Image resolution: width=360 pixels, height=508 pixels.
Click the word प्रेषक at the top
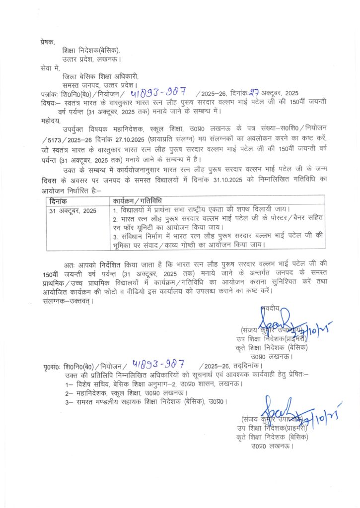49,43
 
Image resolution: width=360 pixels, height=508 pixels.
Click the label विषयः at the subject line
51,102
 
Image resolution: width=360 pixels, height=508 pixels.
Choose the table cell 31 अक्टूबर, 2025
72,210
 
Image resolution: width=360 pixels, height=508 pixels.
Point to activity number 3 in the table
218,240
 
